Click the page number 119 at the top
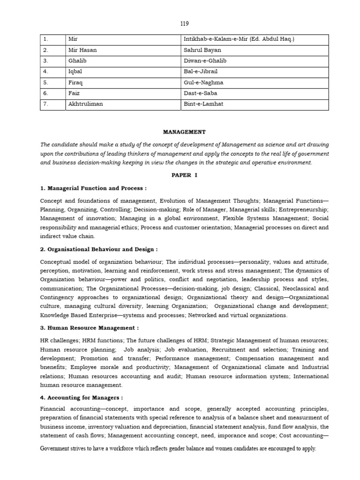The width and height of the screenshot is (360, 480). (x=184, y=23)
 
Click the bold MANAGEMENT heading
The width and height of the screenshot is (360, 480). (x=184, y=133)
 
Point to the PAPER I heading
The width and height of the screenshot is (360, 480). (x=184, y=175)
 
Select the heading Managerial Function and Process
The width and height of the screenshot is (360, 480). (x=93, y=188)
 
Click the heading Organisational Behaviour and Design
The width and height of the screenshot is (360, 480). (x=99, y=249)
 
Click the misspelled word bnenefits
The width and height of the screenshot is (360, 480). (x=53, y=367)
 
